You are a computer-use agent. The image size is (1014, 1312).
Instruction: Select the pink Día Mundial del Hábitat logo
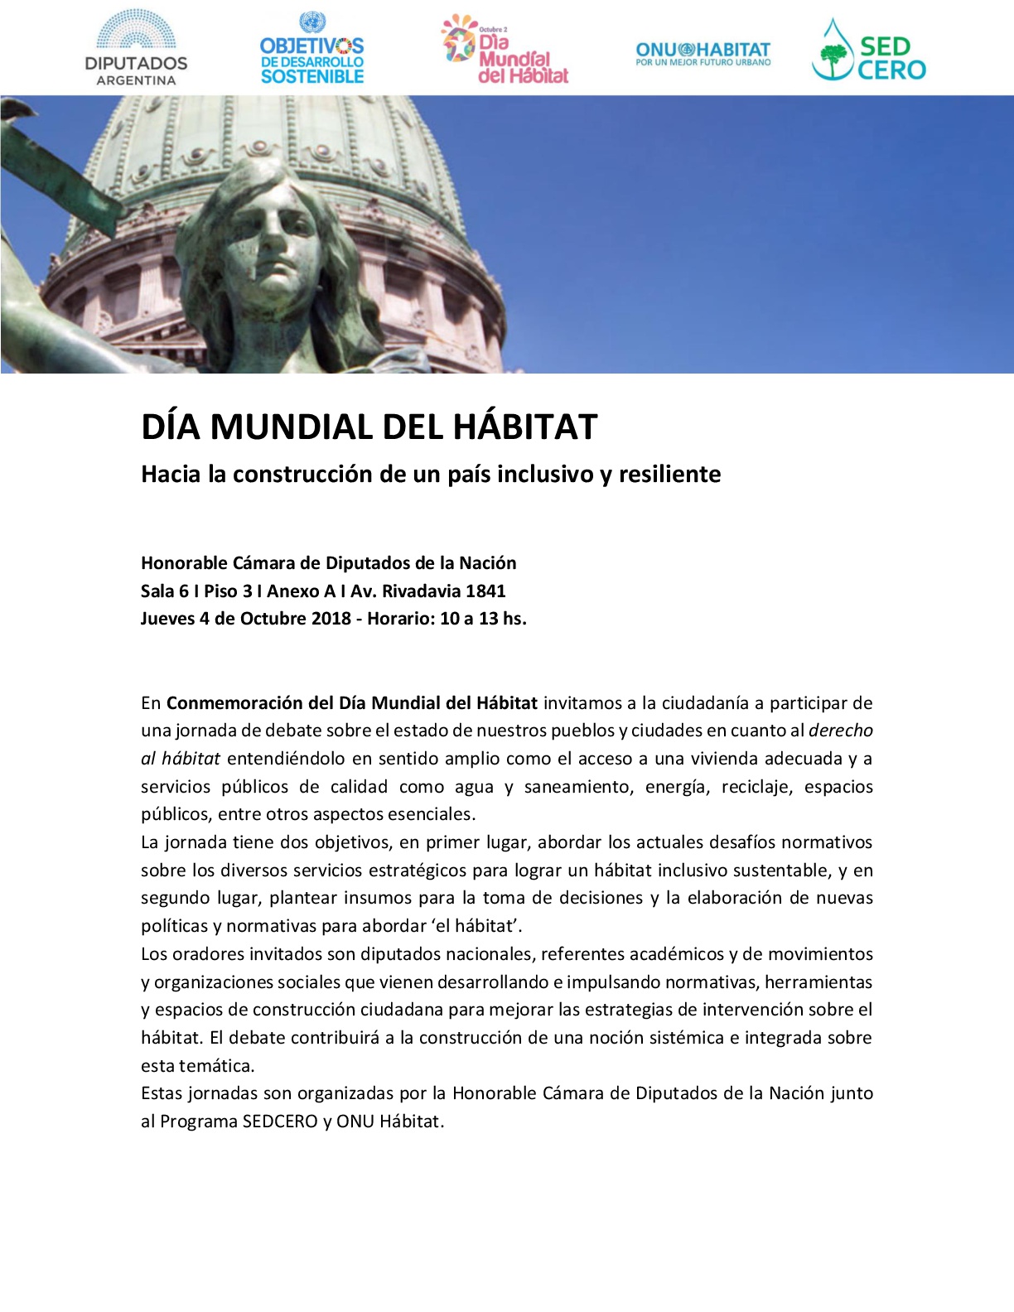505,50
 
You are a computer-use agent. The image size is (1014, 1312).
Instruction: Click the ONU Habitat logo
703,54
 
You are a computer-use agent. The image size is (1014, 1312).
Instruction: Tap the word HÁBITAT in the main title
525,427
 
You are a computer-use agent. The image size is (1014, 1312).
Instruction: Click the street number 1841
485,591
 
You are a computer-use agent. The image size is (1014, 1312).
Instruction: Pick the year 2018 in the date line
331,619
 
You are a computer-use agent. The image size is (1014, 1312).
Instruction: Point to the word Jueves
167,619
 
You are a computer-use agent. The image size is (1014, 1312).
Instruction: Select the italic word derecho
840,731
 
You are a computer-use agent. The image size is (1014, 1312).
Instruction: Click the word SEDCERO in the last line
280,1121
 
